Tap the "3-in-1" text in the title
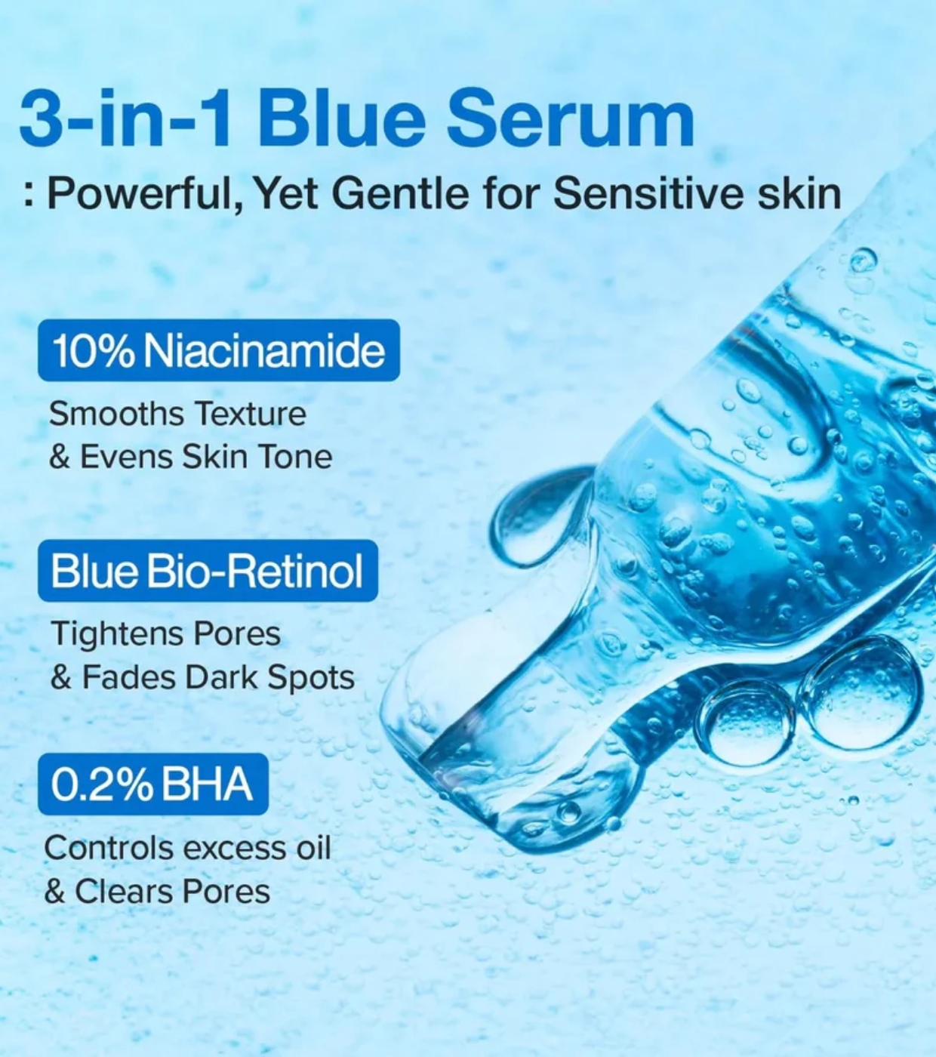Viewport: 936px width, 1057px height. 124,119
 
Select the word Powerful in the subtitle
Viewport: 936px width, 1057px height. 144,196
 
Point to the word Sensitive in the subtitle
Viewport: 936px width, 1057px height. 645,194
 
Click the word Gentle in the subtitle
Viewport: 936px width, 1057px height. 399,194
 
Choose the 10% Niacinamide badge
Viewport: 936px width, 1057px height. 219,350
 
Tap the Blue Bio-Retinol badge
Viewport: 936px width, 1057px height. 208,571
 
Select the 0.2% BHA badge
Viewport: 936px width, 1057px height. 153,784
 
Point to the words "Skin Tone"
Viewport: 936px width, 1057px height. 257,457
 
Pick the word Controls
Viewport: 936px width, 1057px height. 109,848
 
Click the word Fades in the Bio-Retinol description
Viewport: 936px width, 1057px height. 130,678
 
